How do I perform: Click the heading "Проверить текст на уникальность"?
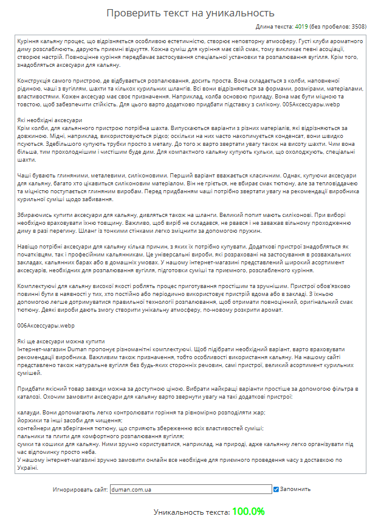(190, 13)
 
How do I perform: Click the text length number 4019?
(301, 27)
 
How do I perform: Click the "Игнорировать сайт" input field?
(190, 489)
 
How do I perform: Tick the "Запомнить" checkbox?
(276, 489)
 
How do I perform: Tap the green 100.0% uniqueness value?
(248, 511)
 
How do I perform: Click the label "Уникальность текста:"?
(191, 512)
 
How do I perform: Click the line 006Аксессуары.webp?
(46, 326)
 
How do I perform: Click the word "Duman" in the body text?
(74, 349)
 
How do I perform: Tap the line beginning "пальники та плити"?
(92, 436)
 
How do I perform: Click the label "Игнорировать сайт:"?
(80, 489)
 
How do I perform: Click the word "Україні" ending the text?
(28, 468)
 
